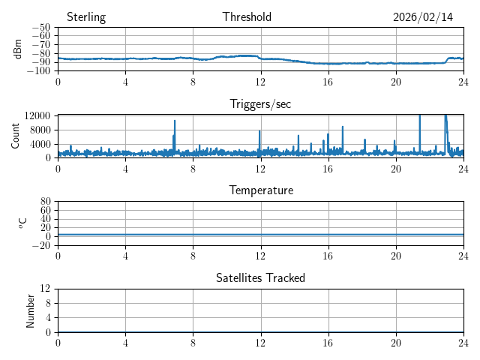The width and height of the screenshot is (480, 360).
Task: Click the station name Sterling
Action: tap(86, 17)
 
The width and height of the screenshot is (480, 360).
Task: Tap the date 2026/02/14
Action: tap(423, 17)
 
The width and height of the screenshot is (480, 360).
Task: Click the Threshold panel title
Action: tap(247, 17)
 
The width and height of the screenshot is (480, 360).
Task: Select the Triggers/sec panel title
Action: tap(260, 104)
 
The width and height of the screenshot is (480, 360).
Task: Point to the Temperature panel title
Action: tap(260, 190)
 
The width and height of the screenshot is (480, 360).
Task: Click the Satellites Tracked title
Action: tap(260, 277)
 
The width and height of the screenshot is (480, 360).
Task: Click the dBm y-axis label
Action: tap(18, 48)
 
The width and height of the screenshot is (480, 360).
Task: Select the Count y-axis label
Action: tap(16, 136)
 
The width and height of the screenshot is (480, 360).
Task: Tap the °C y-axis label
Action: tap(22, 223)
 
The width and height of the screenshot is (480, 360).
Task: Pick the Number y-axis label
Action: tap(31, 310)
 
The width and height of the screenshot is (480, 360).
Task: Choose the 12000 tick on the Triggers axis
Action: tap(37, 115)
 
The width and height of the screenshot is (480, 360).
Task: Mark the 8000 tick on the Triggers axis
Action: tap(39, 130)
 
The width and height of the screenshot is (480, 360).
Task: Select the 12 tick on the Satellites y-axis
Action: tap(45, 289)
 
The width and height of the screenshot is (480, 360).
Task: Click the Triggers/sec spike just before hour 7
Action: tap(175, 121)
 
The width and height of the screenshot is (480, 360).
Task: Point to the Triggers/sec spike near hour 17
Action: tap(343, 127)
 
